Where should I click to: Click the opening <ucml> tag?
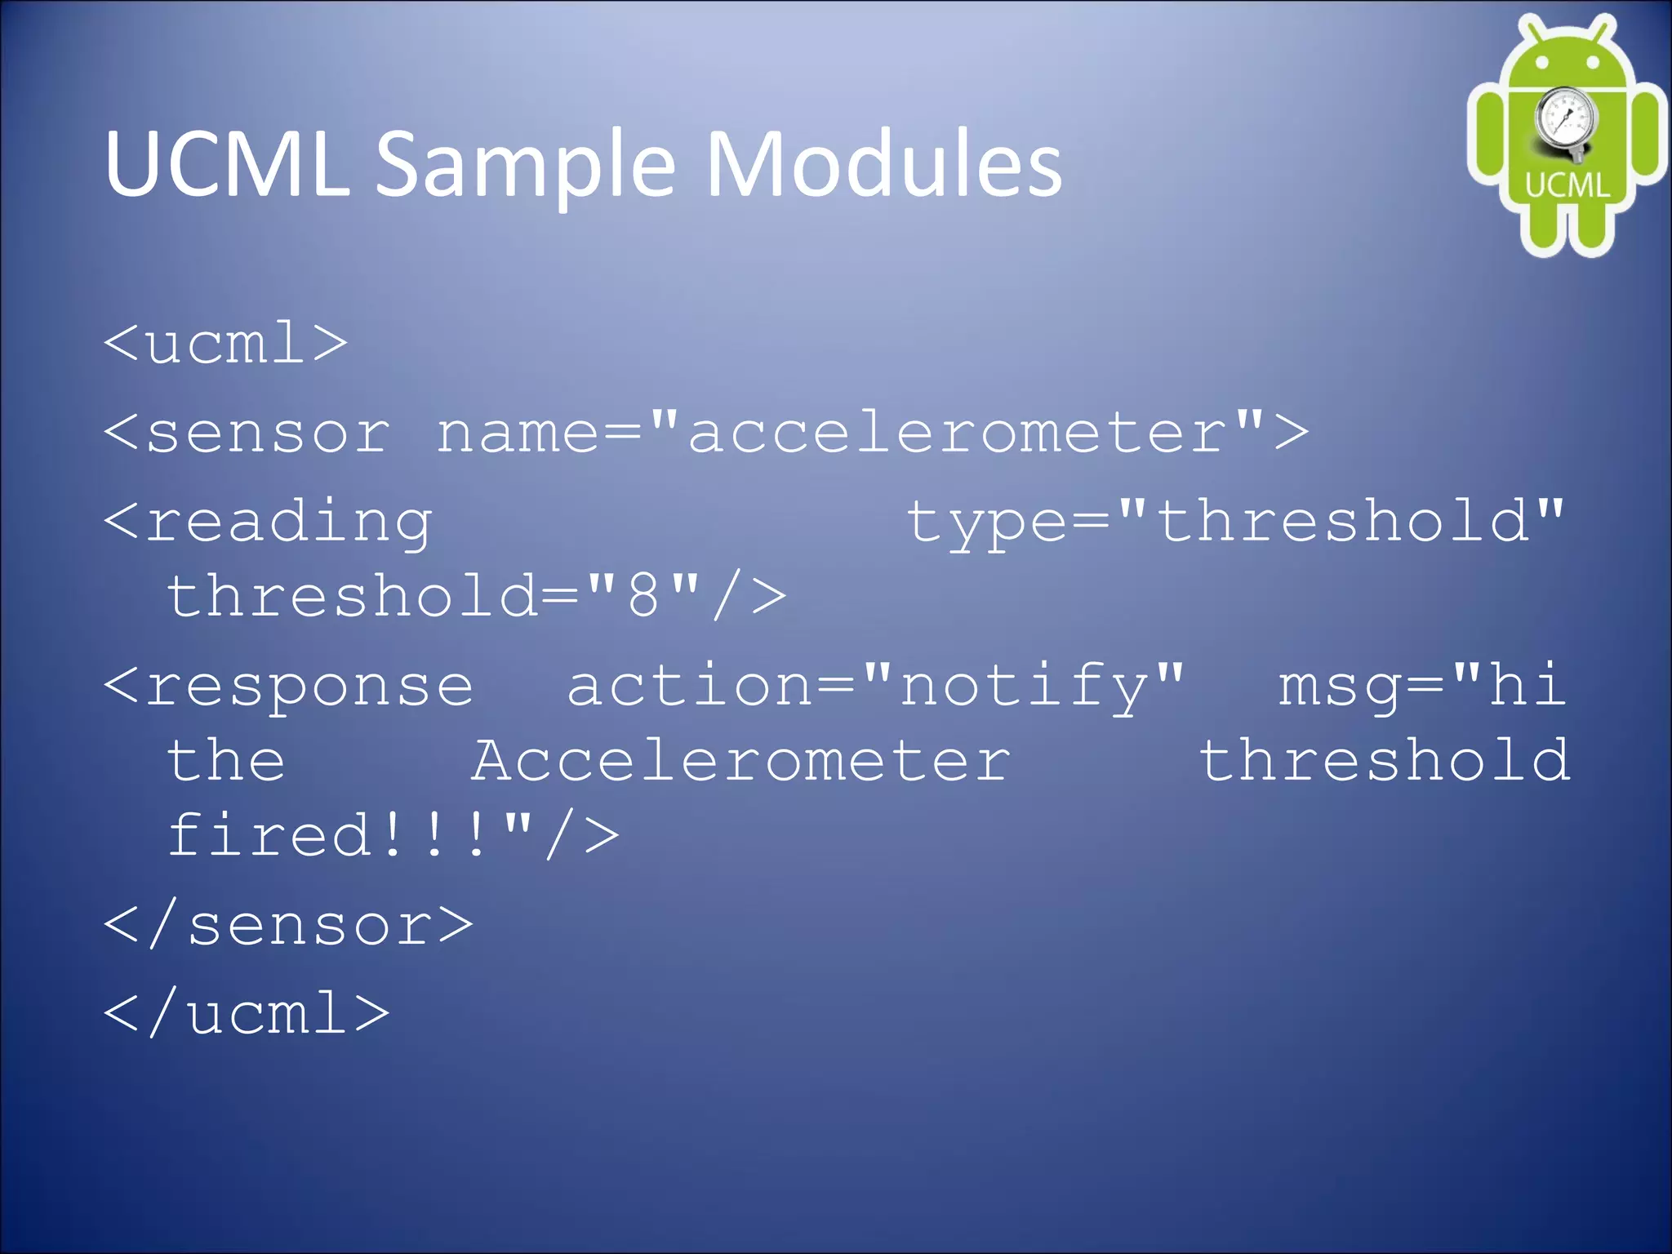pos(226,343)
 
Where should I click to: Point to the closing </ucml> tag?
pos(247,1014)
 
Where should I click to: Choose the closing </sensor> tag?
pos(288,926)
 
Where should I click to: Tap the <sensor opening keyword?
pos(247,432)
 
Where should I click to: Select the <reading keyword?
pos(268,522)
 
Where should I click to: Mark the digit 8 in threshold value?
pos(643,596)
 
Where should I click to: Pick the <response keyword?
pos(288,686)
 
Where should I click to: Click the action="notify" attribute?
pos(874,686)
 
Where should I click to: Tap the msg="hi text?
pos(1421,686)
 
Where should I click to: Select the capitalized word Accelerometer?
pos(740,761)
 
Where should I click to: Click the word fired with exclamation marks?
pos(327,835)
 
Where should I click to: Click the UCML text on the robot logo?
pos(1567,185)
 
